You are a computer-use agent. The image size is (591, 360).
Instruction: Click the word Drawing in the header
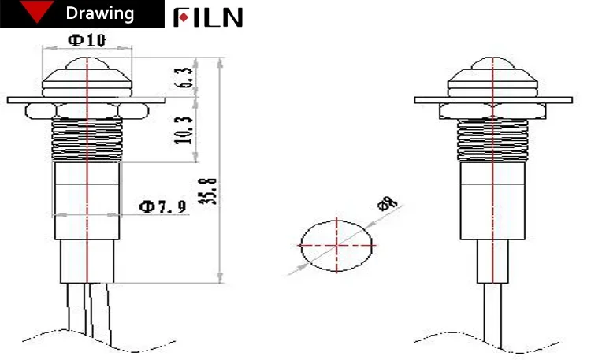99,14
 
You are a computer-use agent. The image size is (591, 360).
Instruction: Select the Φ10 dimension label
87,40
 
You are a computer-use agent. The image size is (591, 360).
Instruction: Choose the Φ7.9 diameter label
162,207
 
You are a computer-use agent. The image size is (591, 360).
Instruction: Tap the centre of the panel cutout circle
336,245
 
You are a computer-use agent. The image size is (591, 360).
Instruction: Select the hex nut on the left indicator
86,109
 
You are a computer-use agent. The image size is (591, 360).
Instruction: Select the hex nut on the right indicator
492,109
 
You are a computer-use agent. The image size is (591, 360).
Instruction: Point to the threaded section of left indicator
86,138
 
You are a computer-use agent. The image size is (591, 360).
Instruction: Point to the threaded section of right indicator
492,138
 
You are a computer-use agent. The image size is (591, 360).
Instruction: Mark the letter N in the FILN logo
231,17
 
